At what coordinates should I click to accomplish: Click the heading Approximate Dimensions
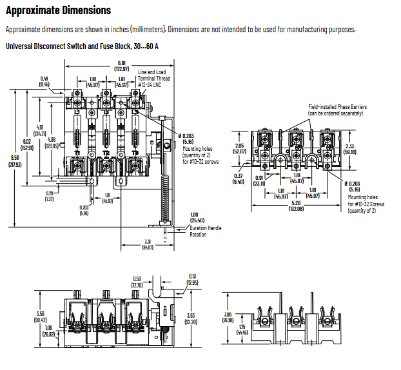point(58,11)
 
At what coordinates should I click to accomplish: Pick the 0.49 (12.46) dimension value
point(44,82)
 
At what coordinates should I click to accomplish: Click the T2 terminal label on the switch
point(106,153)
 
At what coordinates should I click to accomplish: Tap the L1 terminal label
point(76,111)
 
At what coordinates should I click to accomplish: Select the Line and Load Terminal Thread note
point(155,77)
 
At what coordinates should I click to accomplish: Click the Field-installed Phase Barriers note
point(335,110)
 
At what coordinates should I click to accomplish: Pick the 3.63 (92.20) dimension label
point(190,318)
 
